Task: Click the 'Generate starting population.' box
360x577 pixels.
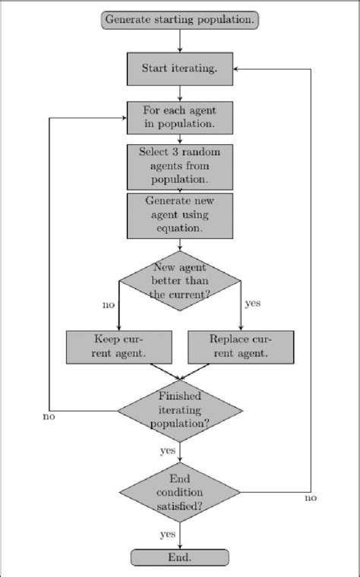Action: point(180,20)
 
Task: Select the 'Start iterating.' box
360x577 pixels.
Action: point(180,68)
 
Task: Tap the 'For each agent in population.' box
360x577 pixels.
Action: point(180,118)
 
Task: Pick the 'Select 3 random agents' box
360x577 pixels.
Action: point(180,166)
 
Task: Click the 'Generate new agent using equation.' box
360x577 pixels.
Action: point(180,215)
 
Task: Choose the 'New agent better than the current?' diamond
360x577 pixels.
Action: point(180,280)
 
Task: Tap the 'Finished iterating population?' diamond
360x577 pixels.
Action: point(180,411)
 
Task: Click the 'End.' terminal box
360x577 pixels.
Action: point(180,557)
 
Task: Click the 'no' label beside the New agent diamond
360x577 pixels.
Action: point(108,305)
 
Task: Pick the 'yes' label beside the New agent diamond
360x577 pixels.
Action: point(253,304)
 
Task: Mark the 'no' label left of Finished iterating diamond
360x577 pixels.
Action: point(49,417)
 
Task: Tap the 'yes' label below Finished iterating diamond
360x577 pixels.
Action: point(168,450)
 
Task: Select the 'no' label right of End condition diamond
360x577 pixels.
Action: point(310,498)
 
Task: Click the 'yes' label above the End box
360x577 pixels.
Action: point(168,534)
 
